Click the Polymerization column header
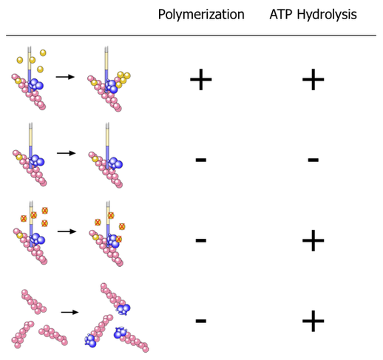click(x=201, y=15)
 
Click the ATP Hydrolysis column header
click(x=313, y=15)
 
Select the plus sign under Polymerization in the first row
click(x=201, y=79)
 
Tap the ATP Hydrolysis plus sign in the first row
click(x=313, y=79)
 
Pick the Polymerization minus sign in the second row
click(x=201, y=160)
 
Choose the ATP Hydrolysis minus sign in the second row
click(x=313, y=160)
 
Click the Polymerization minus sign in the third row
click(x=201, y=240)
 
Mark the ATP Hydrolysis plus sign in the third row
click(x=313, y=240)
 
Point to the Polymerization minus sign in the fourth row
click(x=201, y=321)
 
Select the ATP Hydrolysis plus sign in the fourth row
click(x=313, y=321)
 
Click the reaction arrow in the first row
click(x=65, y=77)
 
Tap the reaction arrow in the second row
click(x=66, y=153)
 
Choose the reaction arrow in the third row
click(x=67, y=231)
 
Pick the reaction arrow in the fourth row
click(x=70, y=312)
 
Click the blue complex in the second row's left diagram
click(x=37, y=160)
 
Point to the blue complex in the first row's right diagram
click(x=112, y=86)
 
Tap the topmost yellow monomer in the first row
click(x=43, y=52)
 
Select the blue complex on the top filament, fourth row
click(x=123, y=309)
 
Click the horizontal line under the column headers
click(x=191, y=35)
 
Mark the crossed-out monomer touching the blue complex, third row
click(x=119, y=239)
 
